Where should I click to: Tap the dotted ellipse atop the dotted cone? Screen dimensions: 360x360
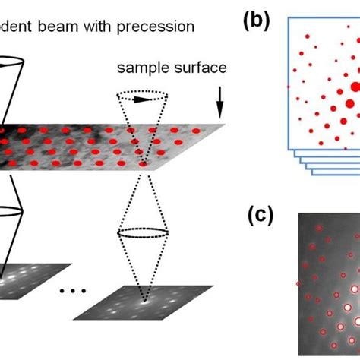click(x=146, y=98)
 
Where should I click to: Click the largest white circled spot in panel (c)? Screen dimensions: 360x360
click(x=350, y=308)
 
